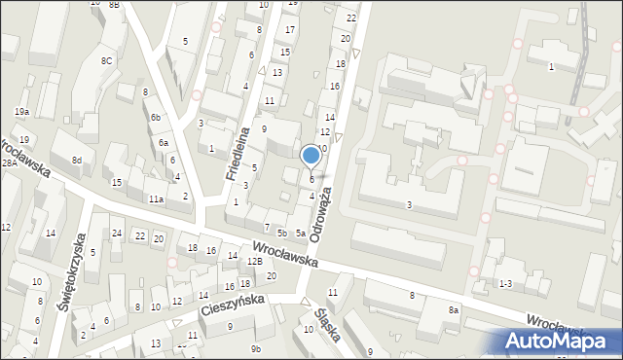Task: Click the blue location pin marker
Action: coord(311,155)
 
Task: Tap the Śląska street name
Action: coord(327,325)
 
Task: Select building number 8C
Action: coord(106,61)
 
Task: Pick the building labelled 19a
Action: coord(21,113)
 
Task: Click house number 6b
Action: coord(155,117)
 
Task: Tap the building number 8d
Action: coord(76,160)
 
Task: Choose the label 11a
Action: coord(156,198)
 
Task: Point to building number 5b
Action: coord(281,233)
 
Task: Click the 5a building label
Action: coord(302,234)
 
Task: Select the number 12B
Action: coord(254,262)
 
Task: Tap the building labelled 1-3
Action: coord(505,283)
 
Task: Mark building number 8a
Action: coord(454,309)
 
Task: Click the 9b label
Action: coord(256,348)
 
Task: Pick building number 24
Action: coord(117,233)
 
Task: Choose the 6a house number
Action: coord(164,142)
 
